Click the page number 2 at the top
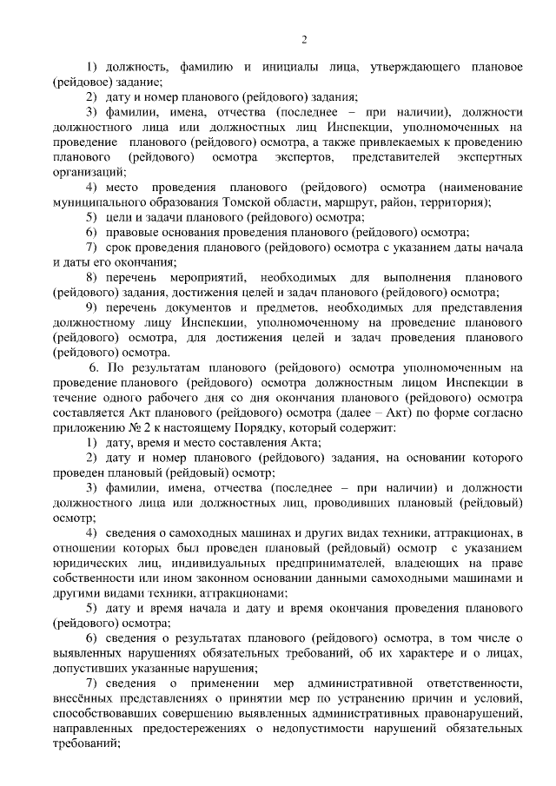[x=304, y=39]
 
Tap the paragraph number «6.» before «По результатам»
[x=96, y=369]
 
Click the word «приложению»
[x=85, y=430]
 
